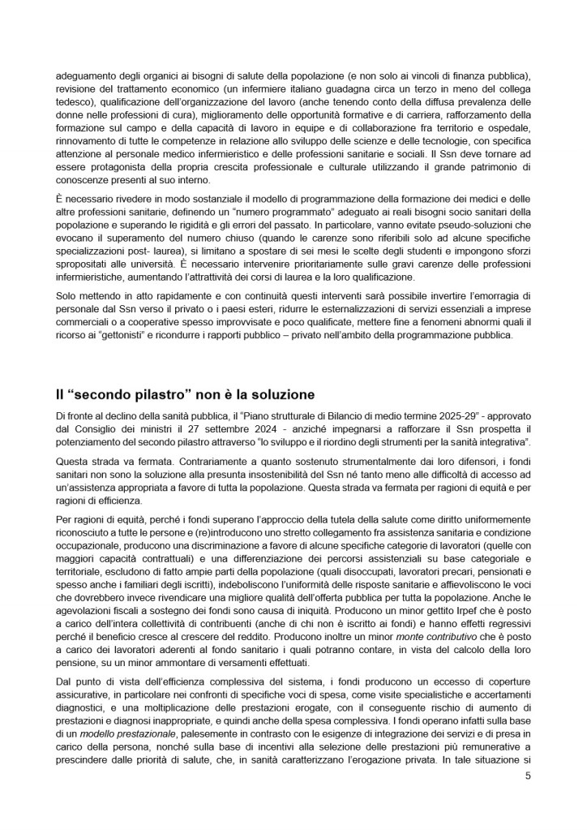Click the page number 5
(x=528, y=775)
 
